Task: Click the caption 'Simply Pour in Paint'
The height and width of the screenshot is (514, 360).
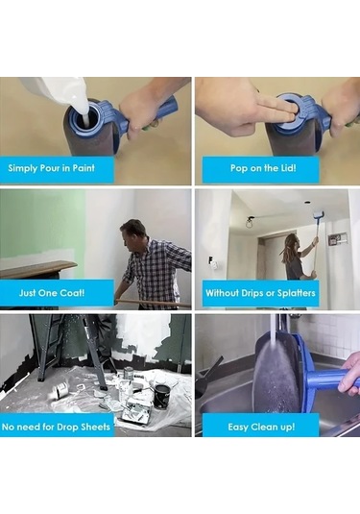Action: pos(52,168)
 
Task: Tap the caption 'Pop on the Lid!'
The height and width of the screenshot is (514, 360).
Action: pos(263,168)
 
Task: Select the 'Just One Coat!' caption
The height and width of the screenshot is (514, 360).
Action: pos(52,292)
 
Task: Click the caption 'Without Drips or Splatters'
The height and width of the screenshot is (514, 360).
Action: pos(260,293)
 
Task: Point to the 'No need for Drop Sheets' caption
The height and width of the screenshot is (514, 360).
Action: pos(56,427)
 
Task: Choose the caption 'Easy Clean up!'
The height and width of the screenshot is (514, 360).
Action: pos(261,427)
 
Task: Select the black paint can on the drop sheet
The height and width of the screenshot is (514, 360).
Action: pos(162,397)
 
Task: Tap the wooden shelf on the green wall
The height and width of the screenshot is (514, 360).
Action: pos(38,267)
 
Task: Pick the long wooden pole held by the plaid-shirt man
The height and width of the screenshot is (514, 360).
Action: pos(153,302)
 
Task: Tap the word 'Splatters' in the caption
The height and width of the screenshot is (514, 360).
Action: pos(297,293)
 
